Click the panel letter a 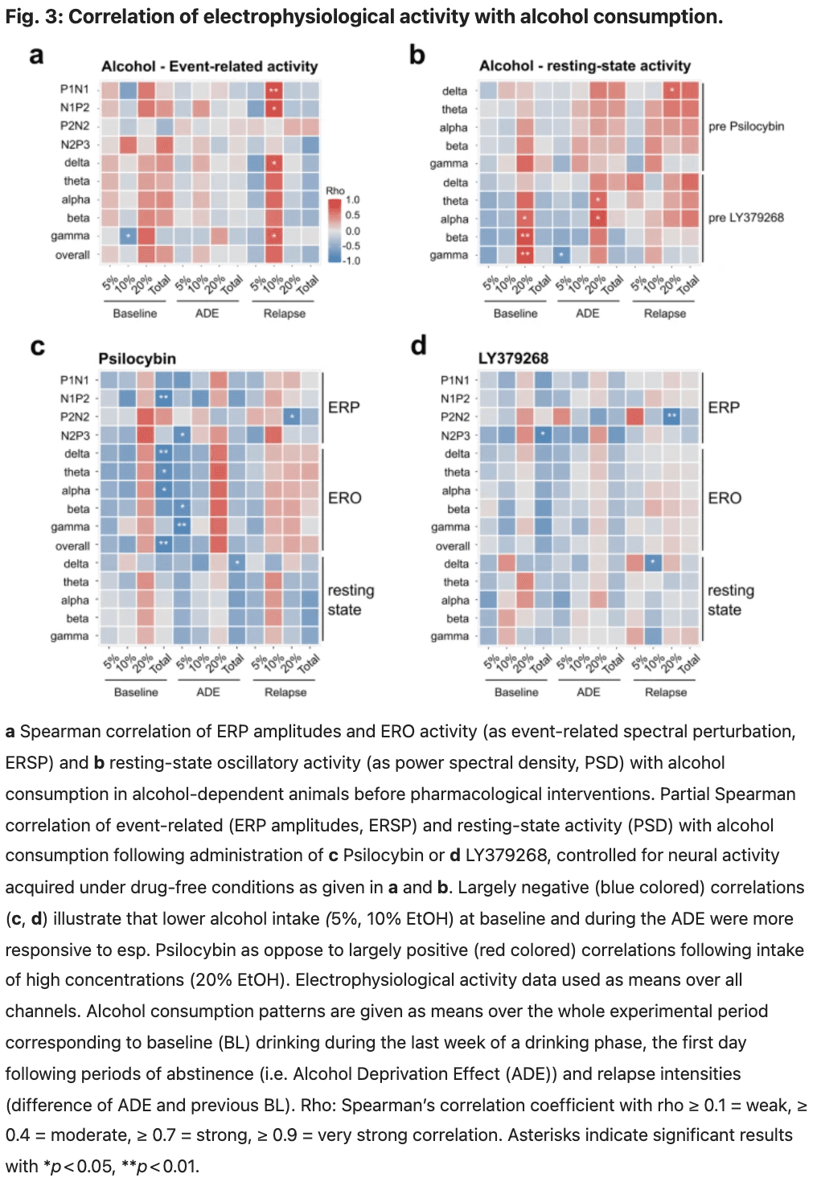coord(36,55)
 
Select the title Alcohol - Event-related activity coord(209,67)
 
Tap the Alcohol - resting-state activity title coord(585,66)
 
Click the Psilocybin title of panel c coord(137,359)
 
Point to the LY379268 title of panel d coord(513,358)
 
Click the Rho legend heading coord(335,191)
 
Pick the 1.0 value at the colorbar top coord(353,200)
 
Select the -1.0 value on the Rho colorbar coord(351,261)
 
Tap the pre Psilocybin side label coord(745,126)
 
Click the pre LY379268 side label coord(745,217)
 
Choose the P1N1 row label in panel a coord(75,89)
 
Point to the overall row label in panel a coord(72,255)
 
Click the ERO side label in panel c coord(344,498)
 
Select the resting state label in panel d coord(730,600)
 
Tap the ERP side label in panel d coord(724,408)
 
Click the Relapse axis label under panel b coord(664,314)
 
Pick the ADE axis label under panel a coord(207,314)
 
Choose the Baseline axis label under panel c coord(136,692)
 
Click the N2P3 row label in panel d coord(455,435)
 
